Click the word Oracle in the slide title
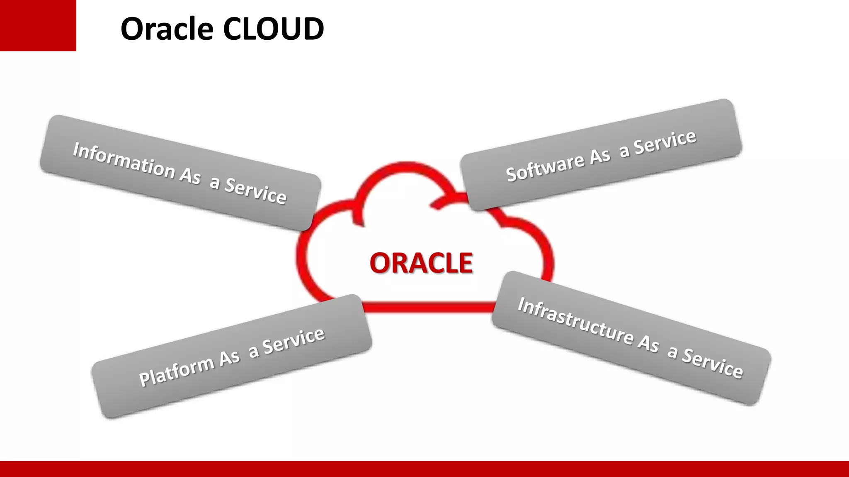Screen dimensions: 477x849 pyautogui.click(x=167, y=29)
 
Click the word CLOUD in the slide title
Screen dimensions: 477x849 pyautogui.click(x=273, y=29)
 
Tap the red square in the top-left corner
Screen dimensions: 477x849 pyautogui.click(x=38, y=25)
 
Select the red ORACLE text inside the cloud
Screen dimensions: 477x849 pyautogui.click(x=421, y=263)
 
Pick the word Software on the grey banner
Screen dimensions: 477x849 pyautogui.click(x=545, y=167)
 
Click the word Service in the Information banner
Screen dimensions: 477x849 pyautogui.click(x=255, y=191)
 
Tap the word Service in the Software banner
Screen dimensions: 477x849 pyautogui.click(x=665, y=142)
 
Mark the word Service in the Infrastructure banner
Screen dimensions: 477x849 pyautogui.click(x=713, y=363)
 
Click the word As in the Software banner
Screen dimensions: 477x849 pyautogui.click(x=600, y=157)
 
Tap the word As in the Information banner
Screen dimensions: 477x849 pyautogui.click(x=190, y=176)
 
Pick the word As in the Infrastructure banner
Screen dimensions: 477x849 pyautogui.click(x=648, y=343)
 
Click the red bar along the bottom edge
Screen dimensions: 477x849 pyautogui.click(x=424, y=469)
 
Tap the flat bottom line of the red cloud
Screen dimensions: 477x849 pyautogui.click(x=427, y=307)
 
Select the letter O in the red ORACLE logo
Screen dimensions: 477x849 pyautogui.click(x=380, y=263)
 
